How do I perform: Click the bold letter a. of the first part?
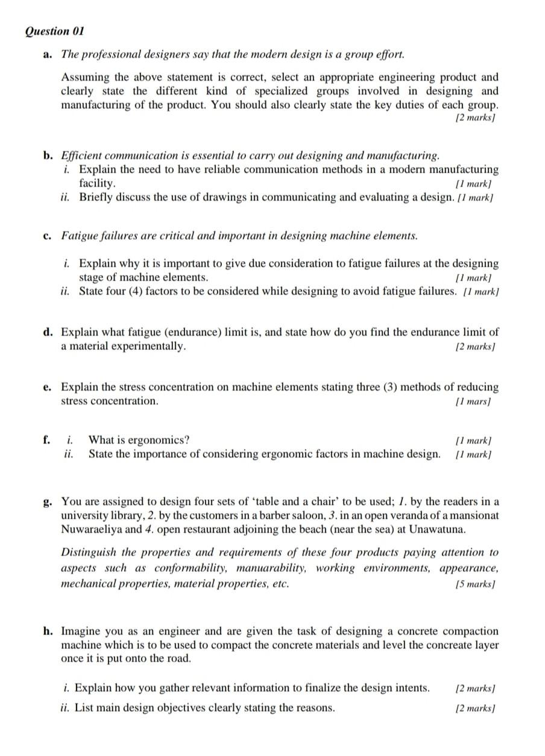click(x=48, y=54)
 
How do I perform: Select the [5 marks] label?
click(x=476, y=585)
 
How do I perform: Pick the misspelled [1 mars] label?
click(x=476, y=402)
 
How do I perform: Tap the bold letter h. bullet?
click(x=48, y=631)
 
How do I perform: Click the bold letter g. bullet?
click(x=48, y=502)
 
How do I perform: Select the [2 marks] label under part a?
click(x=476, y=119)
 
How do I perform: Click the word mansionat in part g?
click(x=475, y=515)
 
